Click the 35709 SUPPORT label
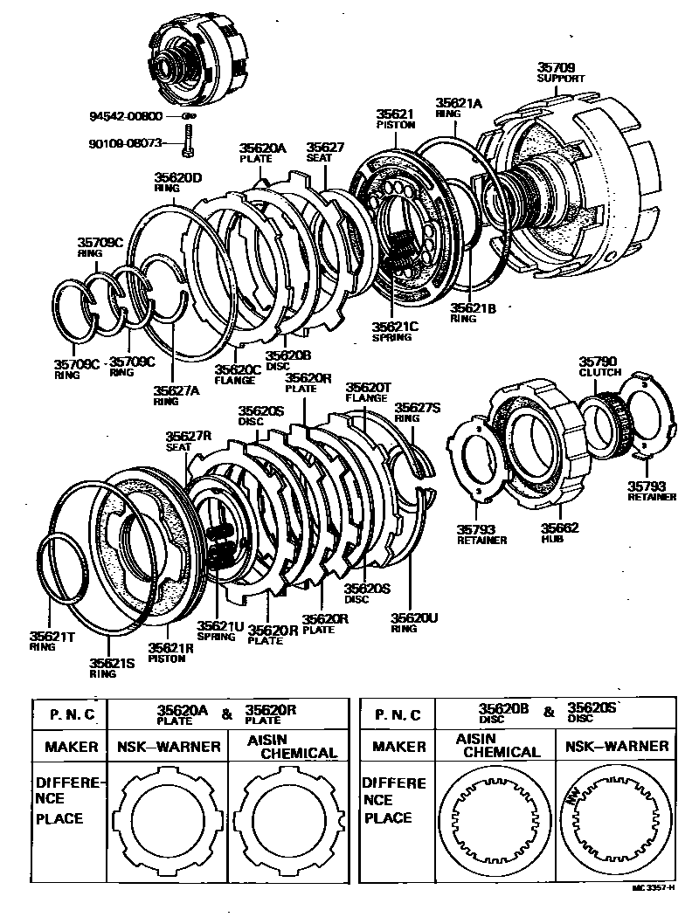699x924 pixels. pos(560,72)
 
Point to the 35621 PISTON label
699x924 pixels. pos(395,119)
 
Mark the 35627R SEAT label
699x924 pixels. pos(190,440)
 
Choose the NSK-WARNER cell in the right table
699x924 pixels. pos(617,746)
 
